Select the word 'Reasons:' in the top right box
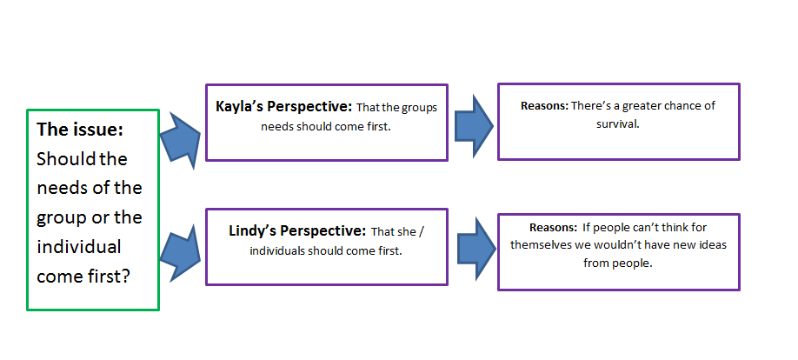[544, 106]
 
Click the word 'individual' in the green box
[78, 247]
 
